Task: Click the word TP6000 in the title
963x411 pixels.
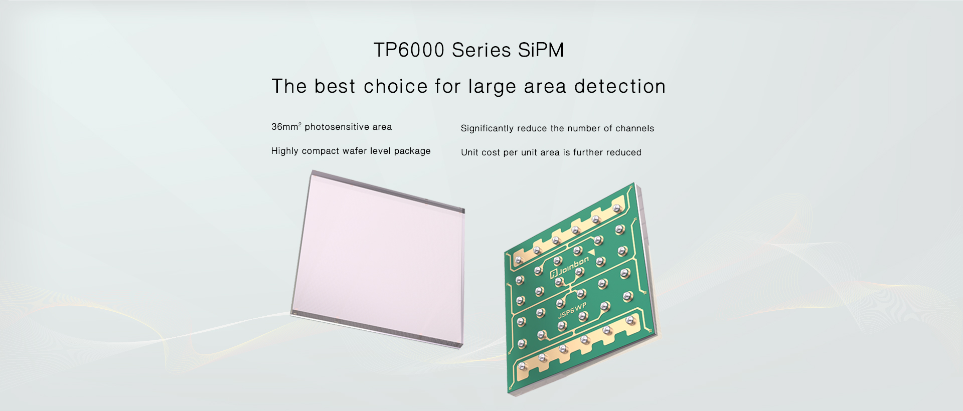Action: pyautogui.click(x=409, y=50)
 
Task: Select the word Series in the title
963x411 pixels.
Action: pyautogui.click(x=481, y=50)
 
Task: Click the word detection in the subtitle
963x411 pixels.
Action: pyautogui.click(x=620, y=86)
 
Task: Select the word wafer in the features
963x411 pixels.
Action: pyautogui.click(x=355, y=151)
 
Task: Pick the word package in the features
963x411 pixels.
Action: pyautogui.click(x=412, y=151)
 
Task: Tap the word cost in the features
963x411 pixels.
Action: pyautogui.click(x=491, y=152)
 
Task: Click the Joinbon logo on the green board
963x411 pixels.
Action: pyautogui.click(x=570, y=267)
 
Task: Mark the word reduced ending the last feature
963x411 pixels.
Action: pyautogui.click(x=624, y=152)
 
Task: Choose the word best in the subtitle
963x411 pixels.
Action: pyautogui.click(x=335, y=86)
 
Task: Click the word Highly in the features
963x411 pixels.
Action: pyautogui.click(x=285, y=151)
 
